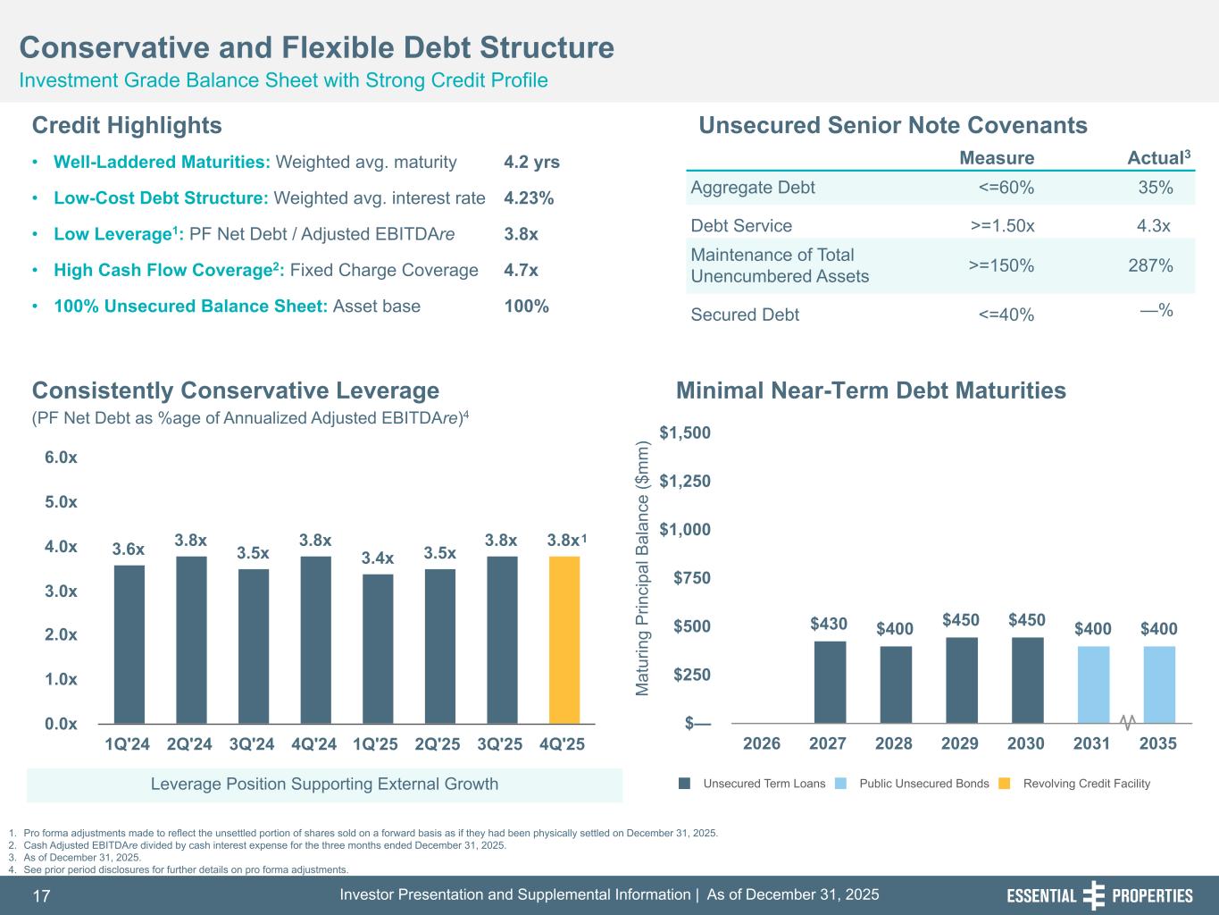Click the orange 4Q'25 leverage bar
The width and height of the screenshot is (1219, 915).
(564, 639)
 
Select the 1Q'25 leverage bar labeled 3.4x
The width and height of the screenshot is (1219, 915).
(378, 648)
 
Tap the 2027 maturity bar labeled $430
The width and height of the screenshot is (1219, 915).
(830, 681)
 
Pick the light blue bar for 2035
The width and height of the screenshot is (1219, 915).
(1159, 684)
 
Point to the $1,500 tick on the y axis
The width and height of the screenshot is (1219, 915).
(685, 433)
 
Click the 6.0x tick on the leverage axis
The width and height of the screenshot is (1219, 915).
(61, 457)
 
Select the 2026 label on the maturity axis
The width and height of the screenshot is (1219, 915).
(762, 743)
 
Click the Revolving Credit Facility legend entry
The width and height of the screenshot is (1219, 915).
(1086, 784)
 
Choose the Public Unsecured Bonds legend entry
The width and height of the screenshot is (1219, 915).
(923, 784)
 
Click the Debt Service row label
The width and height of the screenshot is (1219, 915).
(741, 225)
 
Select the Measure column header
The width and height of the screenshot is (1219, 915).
(997, 158)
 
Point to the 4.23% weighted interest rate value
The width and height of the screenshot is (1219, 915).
(529, 198)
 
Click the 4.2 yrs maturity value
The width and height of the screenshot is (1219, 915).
(531, 163)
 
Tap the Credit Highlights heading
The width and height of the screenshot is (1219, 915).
(127, 125)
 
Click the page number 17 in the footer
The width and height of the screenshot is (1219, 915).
(42, 895)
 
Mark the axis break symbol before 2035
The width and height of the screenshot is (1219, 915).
(1127, 720)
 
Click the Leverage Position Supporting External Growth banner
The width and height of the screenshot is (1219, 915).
(324, 785)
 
